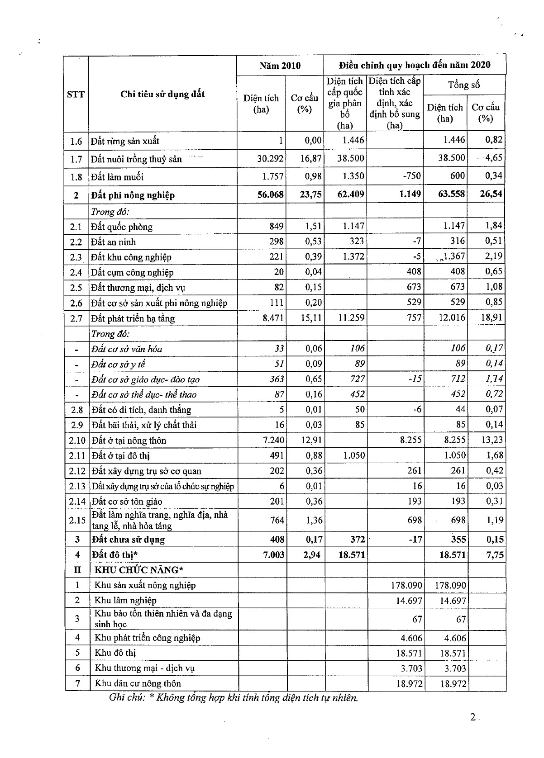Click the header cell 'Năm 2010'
coord(280,66)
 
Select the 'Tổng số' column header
coord(464,85)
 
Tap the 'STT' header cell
coord(76,94)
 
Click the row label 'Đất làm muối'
coord(117,177)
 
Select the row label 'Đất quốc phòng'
coord(122,227)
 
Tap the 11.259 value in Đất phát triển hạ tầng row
coord(351,317)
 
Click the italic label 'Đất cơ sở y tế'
coord(118,365)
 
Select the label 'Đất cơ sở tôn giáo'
coord(127,502)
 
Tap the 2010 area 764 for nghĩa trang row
coord(276,520)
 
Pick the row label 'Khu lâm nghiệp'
coord(125,601)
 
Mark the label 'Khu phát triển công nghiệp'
coord(147,638)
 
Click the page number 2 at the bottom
coord(473,717)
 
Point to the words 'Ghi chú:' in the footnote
coord(127,697)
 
